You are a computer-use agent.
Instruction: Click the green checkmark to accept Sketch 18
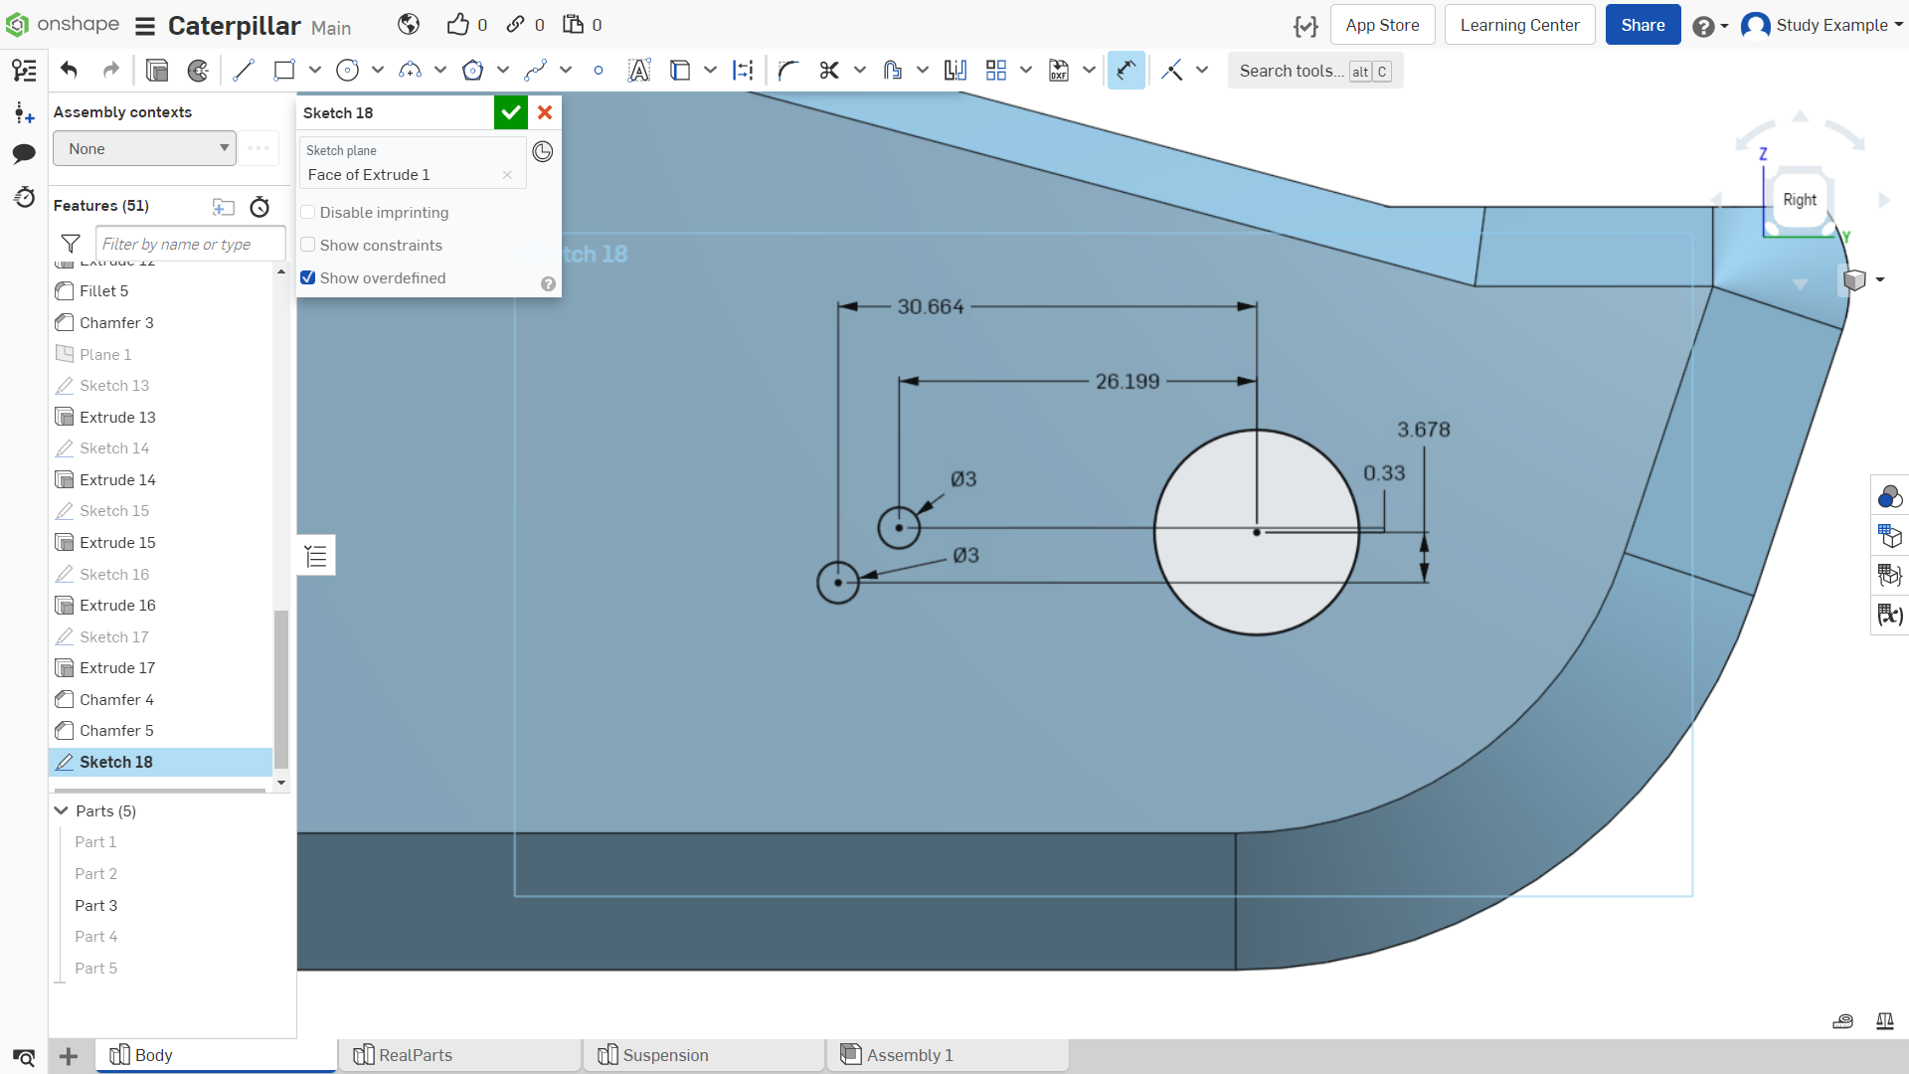[511, 112]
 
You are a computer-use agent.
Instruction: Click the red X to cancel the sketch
[545, 112]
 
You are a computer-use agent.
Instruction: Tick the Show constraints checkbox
[308, 245]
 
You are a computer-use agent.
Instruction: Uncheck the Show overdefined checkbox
[308, 277]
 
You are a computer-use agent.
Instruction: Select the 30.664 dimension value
[931, 306]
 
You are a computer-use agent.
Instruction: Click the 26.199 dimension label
[1128, 381]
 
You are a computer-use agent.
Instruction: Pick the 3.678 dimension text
[1424, 430]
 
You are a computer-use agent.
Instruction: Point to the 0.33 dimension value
[1384, 473]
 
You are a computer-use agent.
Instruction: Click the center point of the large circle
[1257, 532]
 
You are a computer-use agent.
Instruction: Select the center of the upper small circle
[899, 528]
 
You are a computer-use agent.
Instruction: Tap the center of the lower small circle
[838, 583]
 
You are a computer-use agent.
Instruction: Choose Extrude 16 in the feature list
[117, 605]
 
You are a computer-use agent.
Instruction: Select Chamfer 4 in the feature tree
[116, 699]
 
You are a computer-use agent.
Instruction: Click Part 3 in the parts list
[96, 905]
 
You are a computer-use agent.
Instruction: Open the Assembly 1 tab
[910, 1055]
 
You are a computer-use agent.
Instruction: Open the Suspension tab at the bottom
[665, 1055]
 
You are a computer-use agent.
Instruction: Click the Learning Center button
[1519, 25]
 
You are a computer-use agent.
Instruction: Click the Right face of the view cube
[1800, 200]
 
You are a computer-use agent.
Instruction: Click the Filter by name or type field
[190, 244]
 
